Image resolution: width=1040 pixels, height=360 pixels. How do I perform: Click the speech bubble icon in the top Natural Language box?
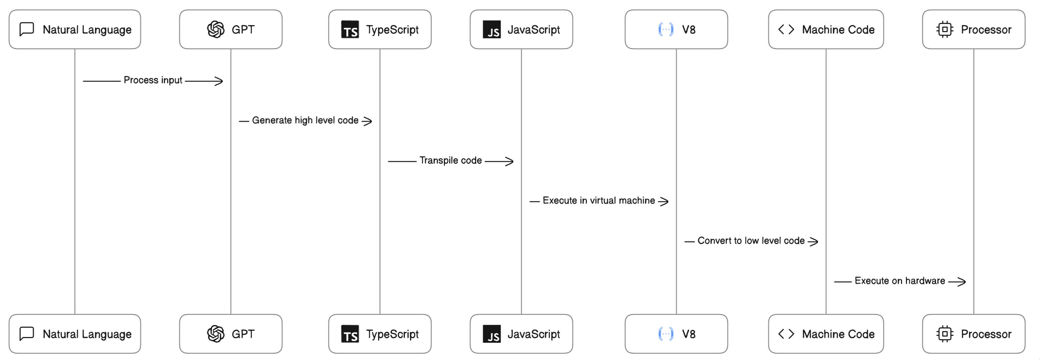pos(27,29)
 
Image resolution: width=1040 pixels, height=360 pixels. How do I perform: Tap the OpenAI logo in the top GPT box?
pos(215,29)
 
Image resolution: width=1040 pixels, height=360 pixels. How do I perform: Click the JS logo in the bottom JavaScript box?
pos(492,334)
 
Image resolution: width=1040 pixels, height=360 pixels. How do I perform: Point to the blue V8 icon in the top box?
pos(666,29)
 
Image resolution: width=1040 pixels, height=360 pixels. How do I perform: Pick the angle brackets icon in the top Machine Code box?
pos(786,29)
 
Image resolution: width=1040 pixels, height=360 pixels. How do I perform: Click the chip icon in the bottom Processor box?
pos(945,334)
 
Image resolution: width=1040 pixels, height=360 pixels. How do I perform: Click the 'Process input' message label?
pos(152,80)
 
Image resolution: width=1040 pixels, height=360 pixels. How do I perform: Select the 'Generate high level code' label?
pos(305,120)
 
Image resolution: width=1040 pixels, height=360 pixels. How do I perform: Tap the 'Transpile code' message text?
pos(451,160)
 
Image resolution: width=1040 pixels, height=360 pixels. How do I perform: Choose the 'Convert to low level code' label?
pos(751,240)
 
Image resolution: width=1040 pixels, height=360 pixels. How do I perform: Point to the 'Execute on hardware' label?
pos(900,281)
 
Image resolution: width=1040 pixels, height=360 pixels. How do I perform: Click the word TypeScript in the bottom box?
pos(392,334)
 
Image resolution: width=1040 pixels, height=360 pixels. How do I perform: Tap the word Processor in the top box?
pos(986,29)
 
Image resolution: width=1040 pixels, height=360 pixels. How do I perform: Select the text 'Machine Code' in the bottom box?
pos(838,334)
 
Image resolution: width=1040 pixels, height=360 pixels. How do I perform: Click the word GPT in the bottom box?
pos(243,334)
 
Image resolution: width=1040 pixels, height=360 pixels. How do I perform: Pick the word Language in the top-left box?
pos(106,30)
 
